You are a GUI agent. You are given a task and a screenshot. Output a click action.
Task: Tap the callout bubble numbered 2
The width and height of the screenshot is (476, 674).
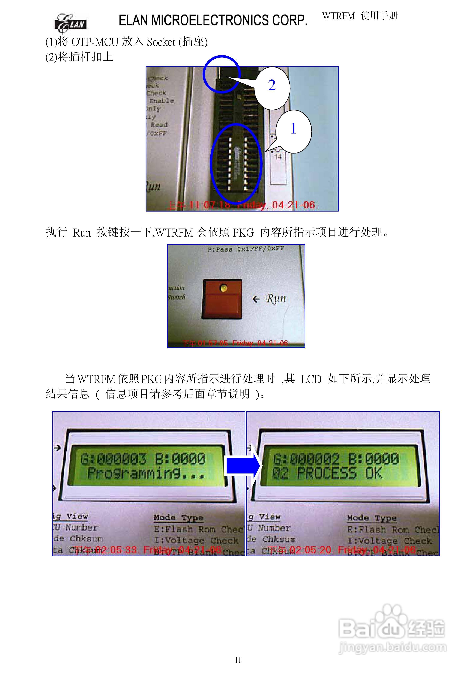(272, 86)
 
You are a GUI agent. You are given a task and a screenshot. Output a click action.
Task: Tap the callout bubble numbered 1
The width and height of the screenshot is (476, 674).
(293, 129)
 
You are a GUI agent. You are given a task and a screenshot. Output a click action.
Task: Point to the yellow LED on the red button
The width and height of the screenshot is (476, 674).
(223, 288)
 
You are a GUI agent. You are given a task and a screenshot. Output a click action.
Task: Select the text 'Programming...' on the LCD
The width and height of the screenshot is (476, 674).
(146, 473)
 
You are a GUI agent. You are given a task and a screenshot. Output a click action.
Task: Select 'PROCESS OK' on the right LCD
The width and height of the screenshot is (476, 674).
(340, 473)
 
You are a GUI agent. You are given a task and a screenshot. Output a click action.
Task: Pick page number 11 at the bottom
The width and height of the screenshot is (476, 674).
(238, 660)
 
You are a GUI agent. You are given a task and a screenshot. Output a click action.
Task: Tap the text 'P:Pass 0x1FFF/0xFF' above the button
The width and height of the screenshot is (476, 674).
(246, 249)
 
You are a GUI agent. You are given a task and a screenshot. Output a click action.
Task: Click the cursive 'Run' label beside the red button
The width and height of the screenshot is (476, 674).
(276, 299)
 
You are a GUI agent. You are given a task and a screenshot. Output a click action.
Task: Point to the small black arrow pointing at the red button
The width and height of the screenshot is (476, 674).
(256, 299)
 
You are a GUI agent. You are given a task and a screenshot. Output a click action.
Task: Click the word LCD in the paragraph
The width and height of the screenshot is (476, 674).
(311, 379)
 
